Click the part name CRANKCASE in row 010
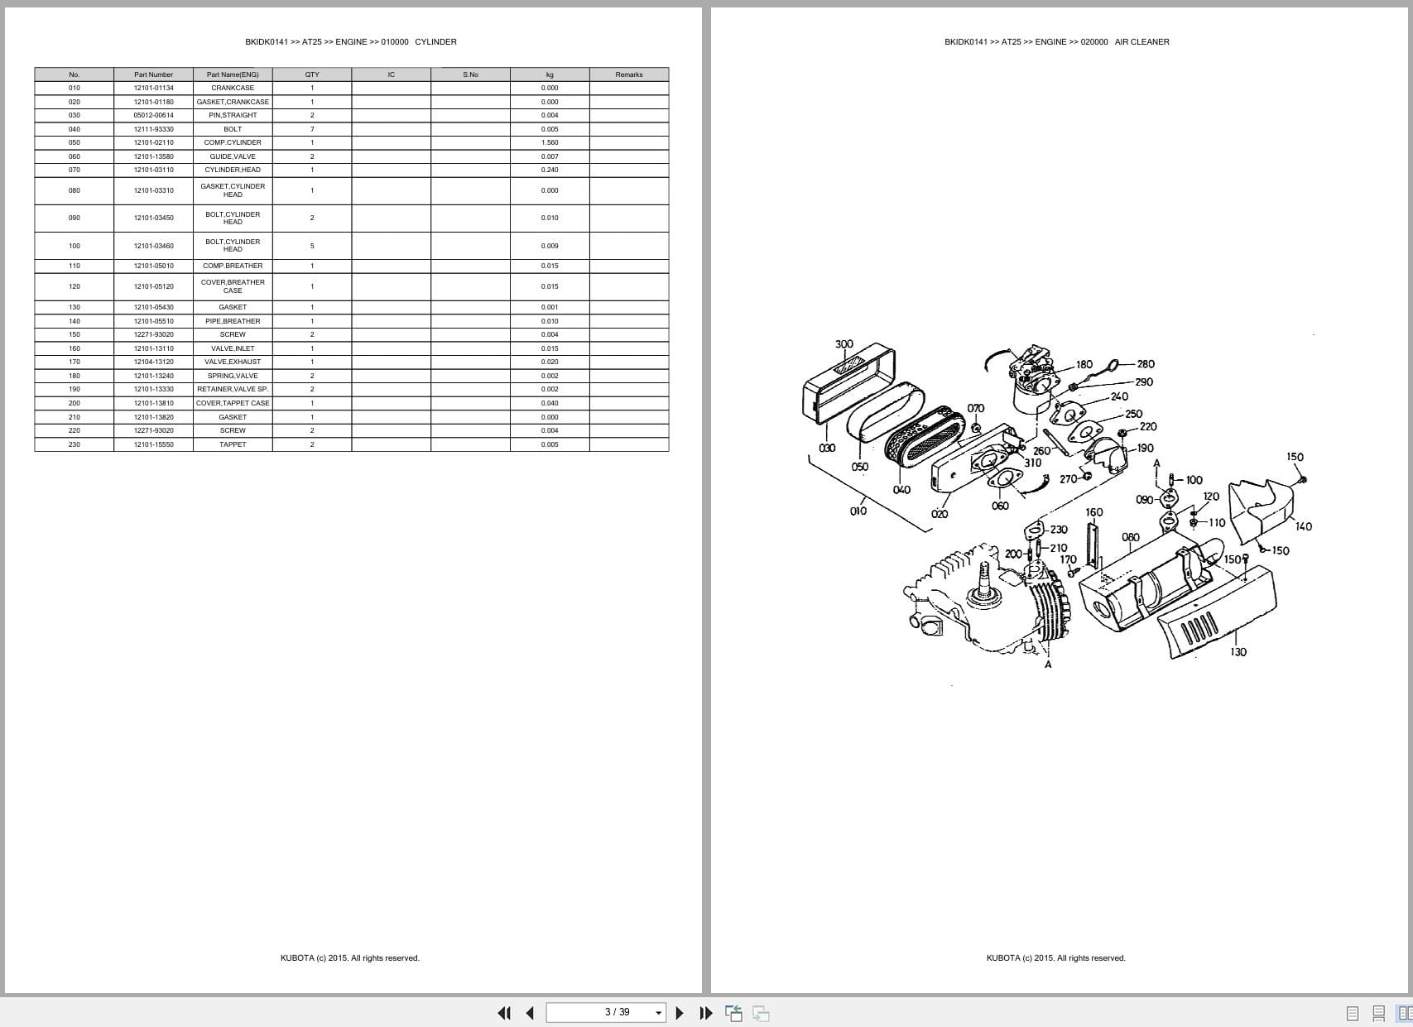pyautogui.click(x=233, y=88)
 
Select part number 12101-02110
pyautogui.click(x=154, y=142)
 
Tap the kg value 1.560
pyautogui.click(x=550, y=142)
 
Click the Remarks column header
pyautogui.click(x=629, y=74)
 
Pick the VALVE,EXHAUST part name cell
pyautogui.click(x=233, y=362)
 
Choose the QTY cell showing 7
pyautogui.click(x=312, y=129)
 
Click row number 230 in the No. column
pyautogui.click(x=74, y=444)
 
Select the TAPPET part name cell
pyautogui.click(x=233, y=444)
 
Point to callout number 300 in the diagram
pyautogui.click(x=843, y=344)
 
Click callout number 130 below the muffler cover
pyautogui.click(x=1238, y=652)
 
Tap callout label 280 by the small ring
pyautogui.click(x=1146, y=364)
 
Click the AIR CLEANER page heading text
pyautogui.click(x=1141, y=41)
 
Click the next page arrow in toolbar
pyautogui.click(x=680, y=1013)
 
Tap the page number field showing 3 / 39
pyautogui.click(x=617, y=1012)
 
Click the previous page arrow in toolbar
pyautogui.click(x=530, y=1013)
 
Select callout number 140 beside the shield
pyautogui.click(x=1303, y=526)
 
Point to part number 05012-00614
pyautogui.click(x=154, y=115)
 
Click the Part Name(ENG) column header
pyautogui.click(x=233, y=74)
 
